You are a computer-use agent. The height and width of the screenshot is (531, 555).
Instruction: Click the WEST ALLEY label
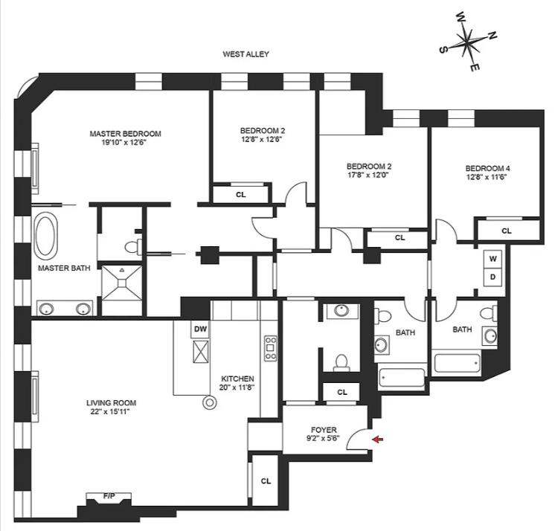(246, 54)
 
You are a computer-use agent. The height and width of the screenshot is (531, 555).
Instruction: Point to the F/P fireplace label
(109, 495)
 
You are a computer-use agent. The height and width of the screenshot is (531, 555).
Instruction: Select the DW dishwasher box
(200, 328)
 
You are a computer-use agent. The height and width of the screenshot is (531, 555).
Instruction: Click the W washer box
(492, 260)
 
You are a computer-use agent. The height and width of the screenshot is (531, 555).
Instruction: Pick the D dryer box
(492, 277)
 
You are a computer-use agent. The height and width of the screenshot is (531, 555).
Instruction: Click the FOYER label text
(324, 430)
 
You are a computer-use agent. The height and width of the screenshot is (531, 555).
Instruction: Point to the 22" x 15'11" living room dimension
(111, 412)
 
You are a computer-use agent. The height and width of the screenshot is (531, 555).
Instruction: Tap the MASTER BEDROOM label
(125, 134)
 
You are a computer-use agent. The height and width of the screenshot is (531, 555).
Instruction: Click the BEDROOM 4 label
(488, 168)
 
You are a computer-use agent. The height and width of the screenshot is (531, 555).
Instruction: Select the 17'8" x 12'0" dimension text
(368, 176)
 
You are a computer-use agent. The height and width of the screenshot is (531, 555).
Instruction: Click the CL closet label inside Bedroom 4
(507, 231)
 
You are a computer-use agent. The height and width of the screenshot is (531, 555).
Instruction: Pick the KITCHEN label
(237, 378)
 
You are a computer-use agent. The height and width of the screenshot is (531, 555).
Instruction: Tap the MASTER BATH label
(60, 268)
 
